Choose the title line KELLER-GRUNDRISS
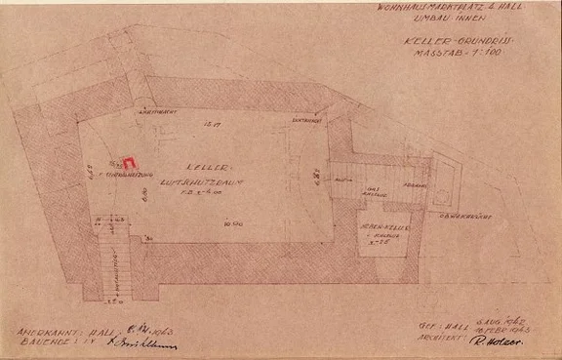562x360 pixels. (x=458, y=43)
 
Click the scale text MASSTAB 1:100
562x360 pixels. (x=458, y=57)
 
